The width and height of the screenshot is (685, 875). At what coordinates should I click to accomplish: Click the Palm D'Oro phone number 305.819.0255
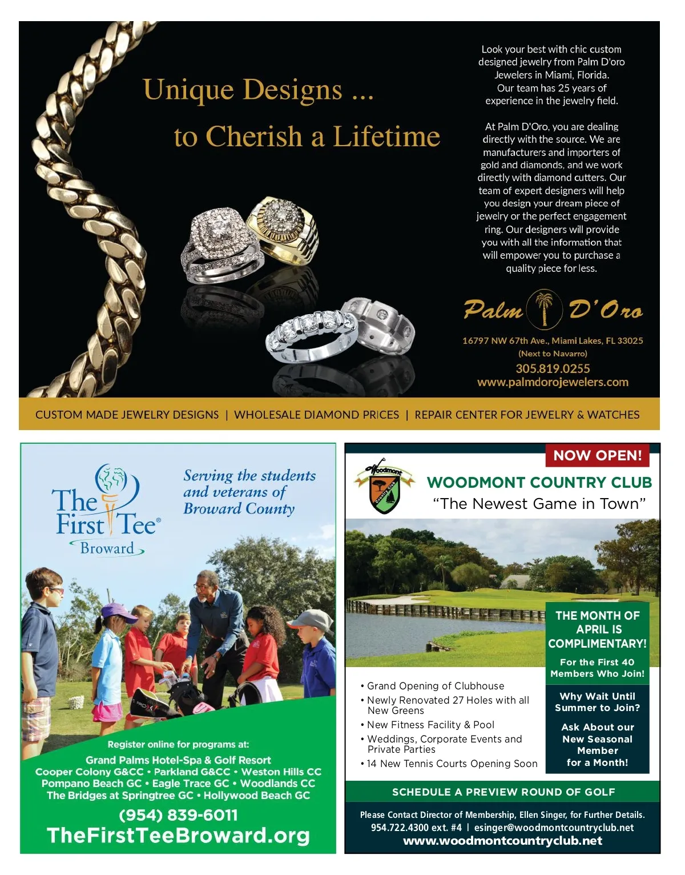point(553,368)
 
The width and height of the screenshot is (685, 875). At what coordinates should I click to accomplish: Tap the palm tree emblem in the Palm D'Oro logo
point(545,308)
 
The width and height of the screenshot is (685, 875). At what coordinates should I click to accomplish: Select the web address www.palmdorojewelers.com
point(553,382)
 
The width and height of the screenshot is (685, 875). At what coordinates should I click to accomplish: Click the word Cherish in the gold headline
point(253,137)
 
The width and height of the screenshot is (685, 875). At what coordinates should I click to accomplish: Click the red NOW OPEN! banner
point(597,455)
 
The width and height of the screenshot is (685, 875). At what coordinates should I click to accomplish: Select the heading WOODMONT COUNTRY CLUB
point(539,483)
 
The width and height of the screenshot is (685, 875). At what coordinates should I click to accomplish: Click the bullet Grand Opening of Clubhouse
point(436,686)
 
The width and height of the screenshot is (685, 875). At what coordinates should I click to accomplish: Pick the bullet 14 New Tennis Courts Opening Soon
point(452,764)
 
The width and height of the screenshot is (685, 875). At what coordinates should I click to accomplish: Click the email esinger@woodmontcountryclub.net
point(554,828)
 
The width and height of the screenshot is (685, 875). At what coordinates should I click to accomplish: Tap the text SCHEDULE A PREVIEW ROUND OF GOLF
point(503,792)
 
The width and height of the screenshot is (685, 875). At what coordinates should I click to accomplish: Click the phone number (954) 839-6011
point(178,815)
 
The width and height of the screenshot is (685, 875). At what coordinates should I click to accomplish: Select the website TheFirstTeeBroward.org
point(178,836)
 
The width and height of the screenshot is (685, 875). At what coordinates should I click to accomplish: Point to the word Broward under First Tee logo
point(107,548)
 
